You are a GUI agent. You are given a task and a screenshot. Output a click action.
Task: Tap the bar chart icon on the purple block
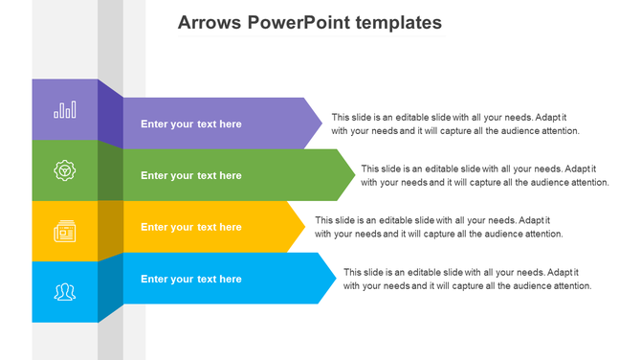(x=65, y=110)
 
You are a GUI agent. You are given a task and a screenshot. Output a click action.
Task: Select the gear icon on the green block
(x=65, y=170)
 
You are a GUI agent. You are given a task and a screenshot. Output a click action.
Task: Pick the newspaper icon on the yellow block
(x=65, y=231)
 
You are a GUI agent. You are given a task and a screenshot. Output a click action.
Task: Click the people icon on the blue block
(x=65, y=291)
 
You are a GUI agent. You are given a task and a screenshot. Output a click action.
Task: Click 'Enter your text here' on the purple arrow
(x=190, y=124)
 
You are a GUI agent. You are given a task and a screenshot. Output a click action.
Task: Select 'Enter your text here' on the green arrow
(x=190, y=175)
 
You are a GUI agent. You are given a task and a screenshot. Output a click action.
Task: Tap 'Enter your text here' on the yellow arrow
(x=190, y=227)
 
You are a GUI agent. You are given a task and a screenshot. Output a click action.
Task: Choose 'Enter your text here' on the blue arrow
(x=190, y=279)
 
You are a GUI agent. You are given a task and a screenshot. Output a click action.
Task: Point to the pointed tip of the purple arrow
(x=320, y=124)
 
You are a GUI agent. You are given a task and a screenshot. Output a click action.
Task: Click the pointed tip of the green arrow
(x=355, y=175)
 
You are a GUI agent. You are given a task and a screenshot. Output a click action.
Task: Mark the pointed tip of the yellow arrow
(x=303, y=227)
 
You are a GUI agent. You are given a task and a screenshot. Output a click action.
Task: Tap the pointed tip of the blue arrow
(x=334, y=279)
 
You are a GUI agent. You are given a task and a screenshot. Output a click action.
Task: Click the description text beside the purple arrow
(x=455, y=124)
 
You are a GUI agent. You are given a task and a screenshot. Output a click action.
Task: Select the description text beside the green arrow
(x=484, y=175)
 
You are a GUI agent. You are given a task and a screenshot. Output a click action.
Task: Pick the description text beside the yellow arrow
(x=438, y=227)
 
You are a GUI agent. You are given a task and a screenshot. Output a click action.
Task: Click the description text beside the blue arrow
(x=467, y=279)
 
